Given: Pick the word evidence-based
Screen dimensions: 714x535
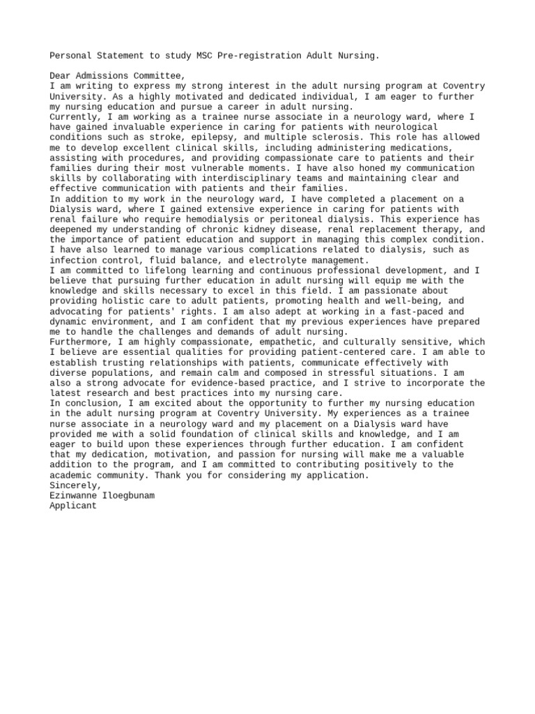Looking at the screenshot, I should click(x=212, y=383).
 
